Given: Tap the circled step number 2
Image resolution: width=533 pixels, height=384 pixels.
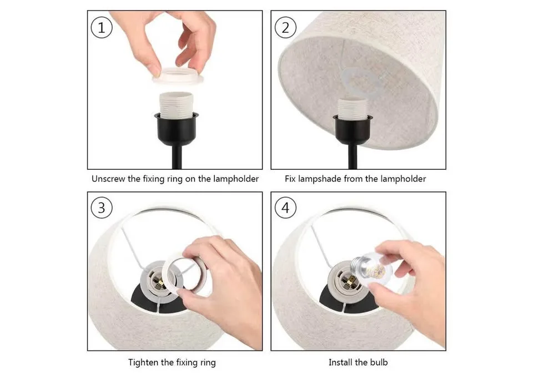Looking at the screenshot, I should pyautogui.click(x=285, y=28).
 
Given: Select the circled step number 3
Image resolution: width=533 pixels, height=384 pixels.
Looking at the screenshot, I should pyautogui.click(x=101, y=208).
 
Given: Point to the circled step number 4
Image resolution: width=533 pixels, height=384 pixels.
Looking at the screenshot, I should pyautogui.click(x=285, y=208).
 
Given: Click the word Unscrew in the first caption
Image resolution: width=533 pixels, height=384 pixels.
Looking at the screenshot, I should pyautogui.click(x=108, y=179).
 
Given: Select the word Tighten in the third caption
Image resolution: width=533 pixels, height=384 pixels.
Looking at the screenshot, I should pyautogui.click(x=144, y=363).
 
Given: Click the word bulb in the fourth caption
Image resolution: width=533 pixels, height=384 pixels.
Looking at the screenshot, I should pyautogui.click(x=378, y=363).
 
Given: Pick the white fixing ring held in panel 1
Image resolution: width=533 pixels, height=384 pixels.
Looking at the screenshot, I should pyautogui.click(x=178, y=77).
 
